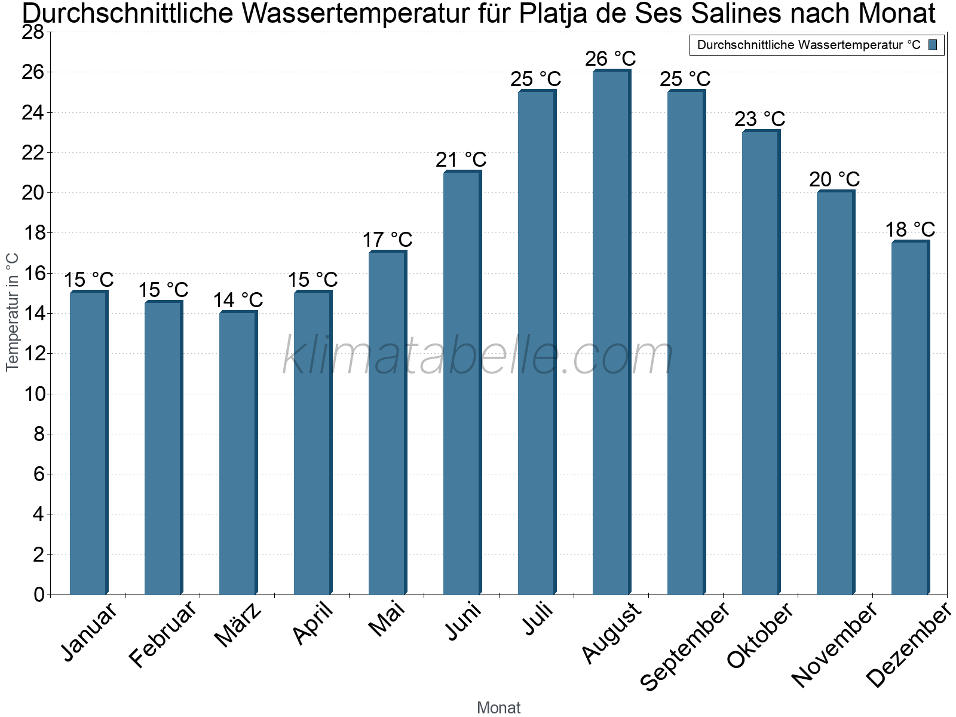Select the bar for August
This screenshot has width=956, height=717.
click(x=611, y=332)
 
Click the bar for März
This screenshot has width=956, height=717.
click(x=238, y=453)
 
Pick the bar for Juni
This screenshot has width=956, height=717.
click(x=462, y=382)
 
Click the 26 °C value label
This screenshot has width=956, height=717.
click(x=610, y=59)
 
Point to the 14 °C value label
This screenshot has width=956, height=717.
click(x=238, y=299)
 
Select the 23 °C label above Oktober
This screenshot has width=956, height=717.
click(x=759, y=119)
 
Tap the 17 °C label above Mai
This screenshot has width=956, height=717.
click(x=387, y=240)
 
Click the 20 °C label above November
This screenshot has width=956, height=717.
click(x=834, y=179)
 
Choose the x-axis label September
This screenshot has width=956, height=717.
click(x=685, y=646)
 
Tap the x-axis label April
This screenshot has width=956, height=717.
click(x=313, y=624)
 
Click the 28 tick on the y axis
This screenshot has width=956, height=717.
click(x=33, y=32)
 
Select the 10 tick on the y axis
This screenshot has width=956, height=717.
click(x=33, y=394)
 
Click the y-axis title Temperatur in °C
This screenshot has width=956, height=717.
click(x=13, y=312)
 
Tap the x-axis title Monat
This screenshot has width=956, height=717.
click(x=498, y=707)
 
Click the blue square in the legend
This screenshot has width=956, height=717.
click(x=933, y=45)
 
